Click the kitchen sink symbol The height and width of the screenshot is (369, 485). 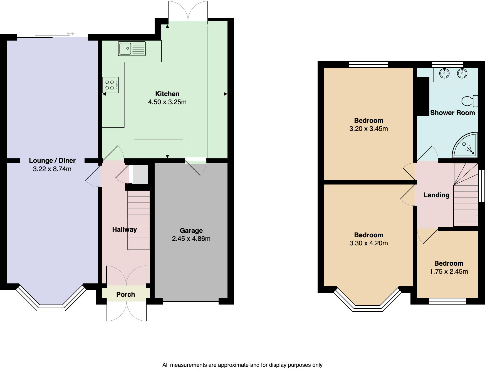(132, 49)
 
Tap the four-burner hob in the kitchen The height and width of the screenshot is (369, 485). (110, 85)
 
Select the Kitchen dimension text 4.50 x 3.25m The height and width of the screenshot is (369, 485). (167, 102)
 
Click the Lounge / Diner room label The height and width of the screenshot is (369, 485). (52, 161)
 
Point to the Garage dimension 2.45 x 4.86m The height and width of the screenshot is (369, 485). (191, 239)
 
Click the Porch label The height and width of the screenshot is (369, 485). (125, 295)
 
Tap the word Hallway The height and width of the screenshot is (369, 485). (124, 230)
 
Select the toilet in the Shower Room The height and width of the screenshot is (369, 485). (470, 101)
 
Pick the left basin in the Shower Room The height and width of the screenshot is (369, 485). (444, 73)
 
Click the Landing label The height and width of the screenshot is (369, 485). (436, 195)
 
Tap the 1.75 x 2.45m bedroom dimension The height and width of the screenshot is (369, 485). (449, 271)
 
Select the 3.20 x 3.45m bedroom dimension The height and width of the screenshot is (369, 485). (368, 129)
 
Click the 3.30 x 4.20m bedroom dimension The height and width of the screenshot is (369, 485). (368, 243)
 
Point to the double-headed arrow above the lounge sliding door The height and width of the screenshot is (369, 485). (70, 34)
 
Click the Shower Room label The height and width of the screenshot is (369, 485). (452, 113)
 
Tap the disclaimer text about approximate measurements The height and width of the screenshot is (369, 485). (242, 365)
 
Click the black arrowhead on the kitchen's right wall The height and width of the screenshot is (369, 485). (226, 94)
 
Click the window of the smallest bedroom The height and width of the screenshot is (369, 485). (447, 301)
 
